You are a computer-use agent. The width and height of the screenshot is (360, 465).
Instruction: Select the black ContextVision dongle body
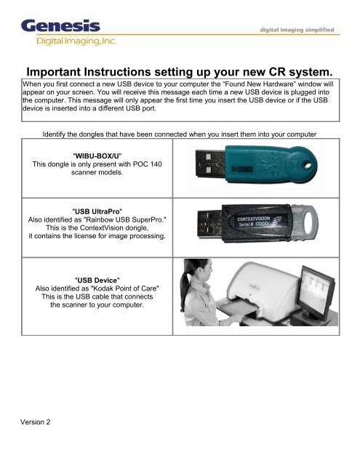(x=284, y=223)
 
